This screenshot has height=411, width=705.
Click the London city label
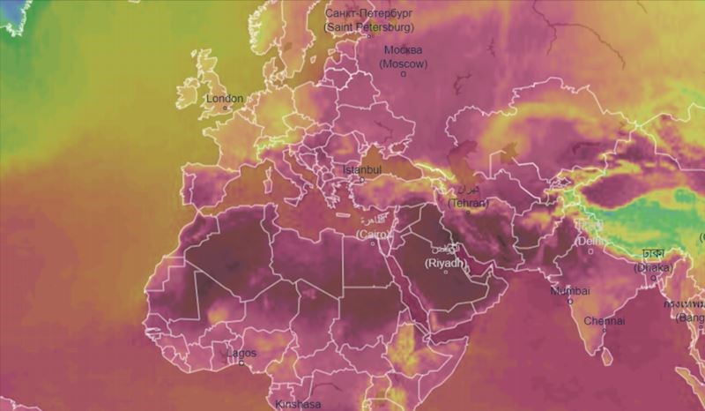(x=224, y=99)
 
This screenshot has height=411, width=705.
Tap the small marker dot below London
(x=223, y=108)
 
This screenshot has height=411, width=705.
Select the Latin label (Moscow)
(x=404, y=64)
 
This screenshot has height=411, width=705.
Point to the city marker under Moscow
(x=404, y=74)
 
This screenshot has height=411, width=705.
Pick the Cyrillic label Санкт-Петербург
(x=367, y=14)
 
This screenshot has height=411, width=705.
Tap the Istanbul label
(x=361, y=169)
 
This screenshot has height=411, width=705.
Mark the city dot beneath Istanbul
(x=359, y=179)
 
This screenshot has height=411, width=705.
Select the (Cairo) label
(x=374, y=234)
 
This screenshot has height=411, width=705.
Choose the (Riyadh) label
(x=445, y=263)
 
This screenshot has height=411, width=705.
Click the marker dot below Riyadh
(x=445, y=272)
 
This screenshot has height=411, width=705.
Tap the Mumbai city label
(x=570, y=290)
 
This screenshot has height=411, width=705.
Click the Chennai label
(x=605, y=321)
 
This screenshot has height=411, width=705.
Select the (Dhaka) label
(x=653, y=266)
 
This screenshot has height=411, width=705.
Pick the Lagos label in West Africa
(x=241, y=353)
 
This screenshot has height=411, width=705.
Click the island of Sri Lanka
(x=607, y=356)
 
